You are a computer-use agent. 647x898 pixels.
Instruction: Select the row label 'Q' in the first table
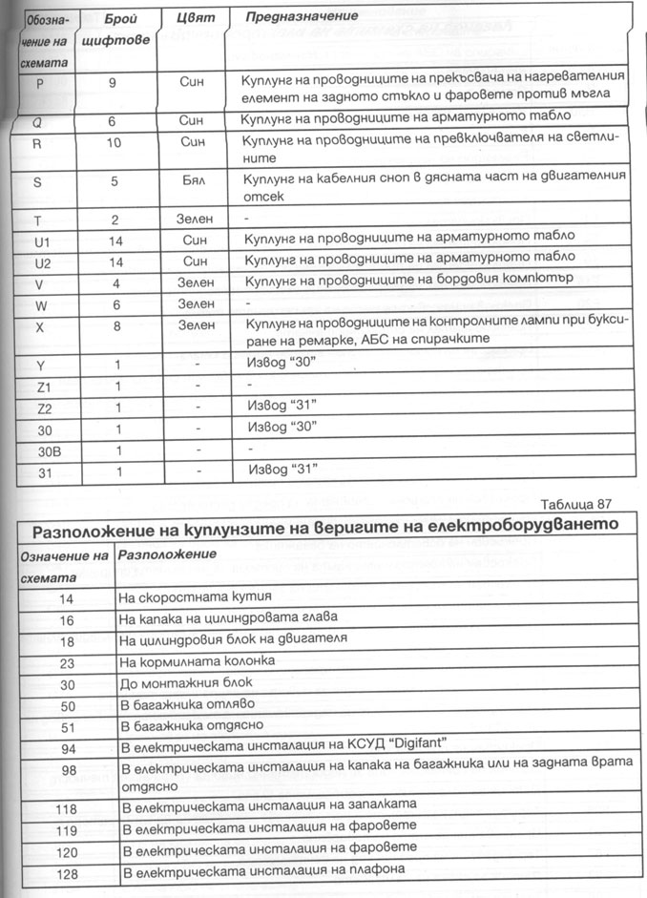pos(38,122)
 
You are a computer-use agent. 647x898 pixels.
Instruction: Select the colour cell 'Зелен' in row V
pos(196,282)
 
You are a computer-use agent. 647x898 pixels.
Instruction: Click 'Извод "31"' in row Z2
pos(282,406)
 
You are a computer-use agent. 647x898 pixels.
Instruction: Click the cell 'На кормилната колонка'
pos(197,660)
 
